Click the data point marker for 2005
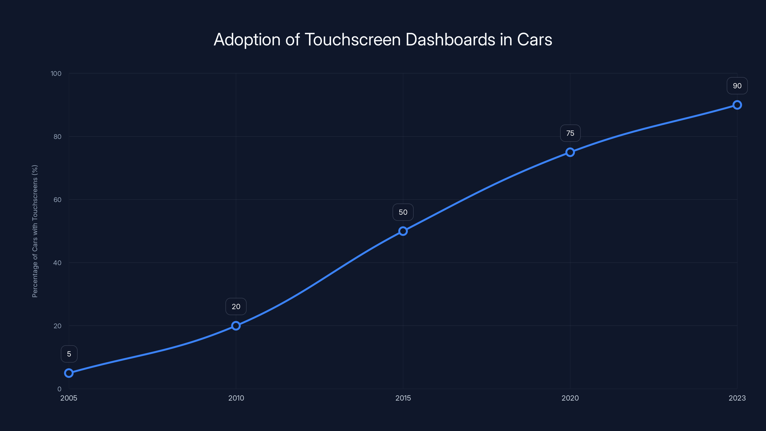(x=69, y=373)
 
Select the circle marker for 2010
(x=236, y=326)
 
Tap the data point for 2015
(x=403, y=231)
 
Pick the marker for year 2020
(x=570, y=152)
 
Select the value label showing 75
(x=570, y=133)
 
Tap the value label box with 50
(x=403, y=212)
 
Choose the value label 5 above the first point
(x=69, y=354)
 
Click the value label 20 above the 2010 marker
(x=236, y=307)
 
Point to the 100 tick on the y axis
(x=56, y=74)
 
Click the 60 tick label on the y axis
(x=57, y=200)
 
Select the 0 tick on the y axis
(x=59, y=389)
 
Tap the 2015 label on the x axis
(x=403, y=398)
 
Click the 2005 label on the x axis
(x=69, y=398)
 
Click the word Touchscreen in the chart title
(x=353, y=40)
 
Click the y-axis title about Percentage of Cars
(x=35, y=231)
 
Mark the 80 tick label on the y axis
(x=57, y=136)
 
